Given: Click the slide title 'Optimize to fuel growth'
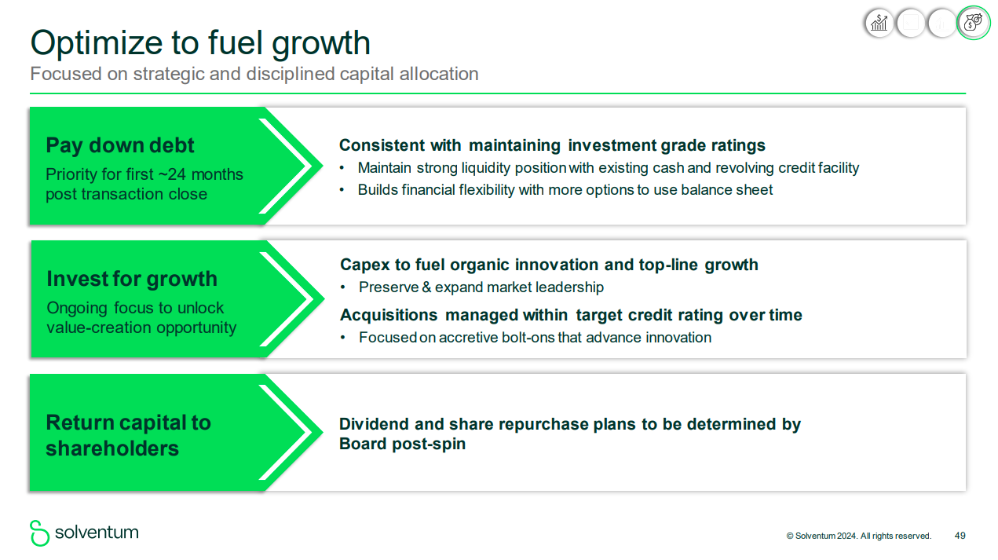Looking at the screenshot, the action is tap(200, 44).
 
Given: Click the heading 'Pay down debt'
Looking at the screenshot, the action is tap(120, 145).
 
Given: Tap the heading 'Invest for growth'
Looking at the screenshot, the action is tap(132, 280).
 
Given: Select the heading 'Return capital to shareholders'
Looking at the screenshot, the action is tap(128, 435).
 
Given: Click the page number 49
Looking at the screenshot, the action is tap(960, 536).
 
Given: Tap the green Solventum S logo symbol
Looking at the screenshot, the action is tap(39, 533).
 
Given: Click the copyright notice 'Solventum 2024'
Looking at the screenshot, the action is tap(826, 536).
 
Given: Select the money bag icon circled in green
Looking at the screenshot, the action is tap(973, 22).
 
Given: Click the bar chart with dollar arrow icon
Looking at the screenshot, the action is tap(879, 23).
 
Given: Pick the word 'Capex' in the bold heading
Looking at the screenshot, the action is tap(364, 265).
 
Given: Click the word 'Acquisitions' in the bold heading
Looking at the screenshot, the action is tap(389, 315).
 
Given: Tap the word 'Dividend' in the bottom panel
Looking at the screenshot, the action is tap(373, 424).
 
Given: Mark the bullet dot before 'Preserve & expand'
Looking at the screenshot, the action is tap(342, 287).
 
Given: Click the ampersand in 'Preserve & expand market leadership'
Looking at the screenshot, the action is tap(426, 287).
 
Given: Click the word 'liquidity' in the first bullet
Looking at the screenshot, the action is tap(486, 168).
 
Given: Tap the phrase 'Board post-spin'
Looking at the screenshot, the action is tap(402, 445).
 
